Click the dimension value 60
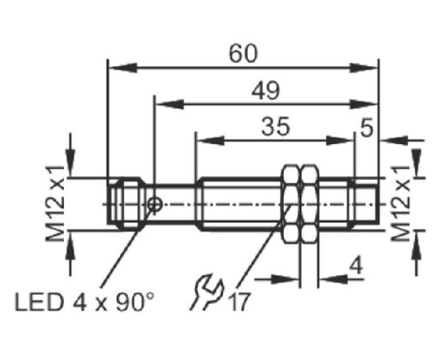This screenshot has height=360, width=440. [243, 54]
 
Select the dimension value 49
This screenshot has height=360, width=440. [266, 90]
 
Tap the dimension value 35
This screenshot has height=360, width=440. [275, 126]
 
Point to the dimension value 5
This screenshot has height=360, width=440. [367, 127]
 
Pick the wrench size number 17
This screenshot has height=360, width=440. [239, 302]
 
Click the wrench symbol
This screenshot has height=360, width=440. [207, 292]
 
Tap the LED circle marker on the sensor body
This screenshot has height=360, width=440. [155, 205]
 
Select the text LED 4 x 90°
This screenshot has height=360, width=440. [85, 302]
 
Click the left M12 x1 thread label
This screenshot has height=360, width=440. [55, 203]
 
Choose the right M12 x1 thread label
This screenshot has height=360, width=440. [401, 203]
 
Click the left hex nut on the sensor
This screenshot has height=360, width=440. [290, 204]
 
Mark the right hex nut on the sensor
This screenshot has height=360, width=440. [310, 204]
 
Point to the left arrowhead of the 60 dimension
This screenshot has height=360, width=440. [122, 68]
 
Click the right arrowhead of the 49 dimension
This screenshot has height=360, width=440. [364, 104]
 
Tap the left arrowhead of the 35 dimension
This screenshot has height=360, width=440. [210, 141]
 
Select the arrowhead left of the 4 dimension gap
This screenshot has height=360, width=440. [285, 279]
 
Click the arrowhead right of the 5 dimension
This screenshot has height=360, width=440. [394, 140]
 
